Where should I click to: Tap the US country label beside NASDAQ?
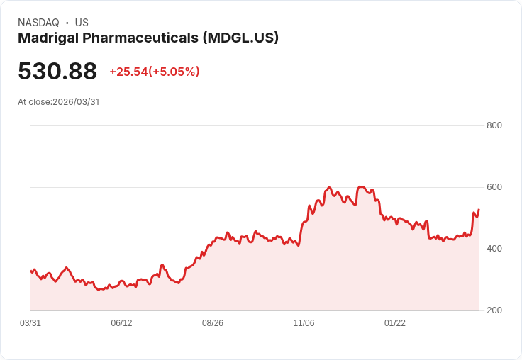[x=82, y=23]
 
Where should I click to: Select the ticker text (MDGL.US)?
[x=240, y=38]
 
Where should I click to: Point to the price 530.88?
[x=57, y=72]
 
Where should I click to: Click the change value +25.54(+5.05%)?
[x=155, y=72]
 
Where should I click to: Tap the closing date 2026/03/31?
[x=76, y=102]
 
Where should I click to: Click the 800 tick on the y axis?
[x=494, y=125]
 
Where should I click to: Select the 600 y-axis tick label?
[x=494, y=187]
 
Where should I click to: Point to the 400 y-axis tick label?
[x=494, y=249]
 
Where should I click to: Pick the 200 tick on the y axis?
[x=494, y=310]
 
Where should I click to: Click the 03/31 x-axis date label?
[x=30, y=323]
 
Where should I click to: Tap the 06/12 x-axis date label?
[x=121, y=323]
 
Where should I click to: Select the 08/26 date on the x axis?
[x=213, y=323]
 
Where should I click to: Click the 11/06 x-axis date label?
[x=304, y=323]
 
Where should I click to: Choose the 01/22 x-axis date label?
[x=395, y=323]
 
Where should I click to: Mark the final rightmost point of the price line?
[x=479, y=210]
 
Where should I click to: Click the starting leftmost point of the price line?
[x=30, y=271]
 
